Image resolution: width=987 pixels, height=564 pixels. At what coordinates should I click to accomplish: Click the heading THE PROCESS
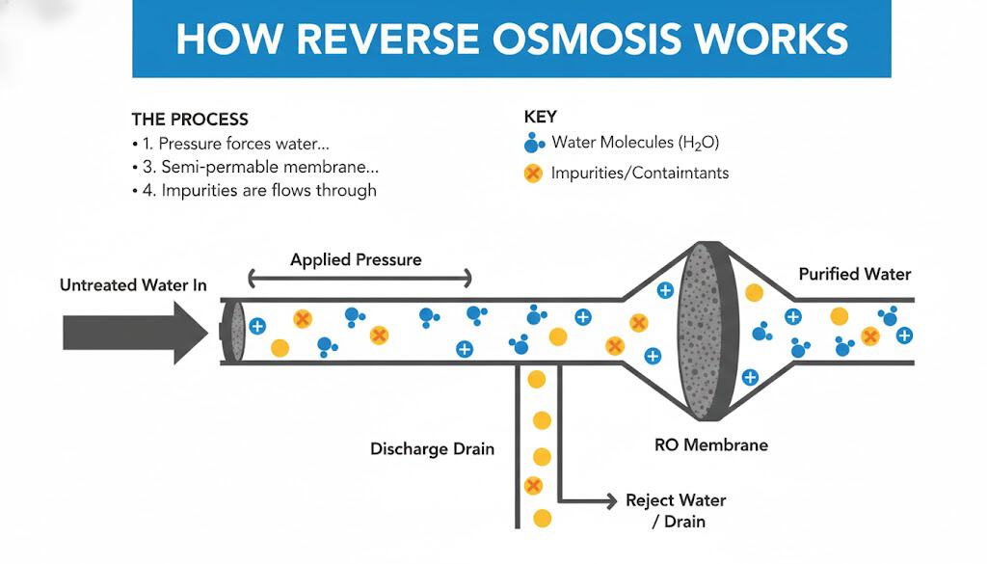point(190,120)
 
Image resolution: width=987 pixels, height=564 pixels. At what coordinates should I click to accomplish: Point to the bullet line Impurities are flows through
point(259,190)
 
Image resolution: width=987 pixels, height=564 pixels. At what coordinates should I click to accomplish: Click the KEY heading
point(540,117)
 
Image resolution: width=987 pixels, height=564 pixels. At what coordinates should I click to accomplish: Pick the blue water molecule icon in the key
point(533,144)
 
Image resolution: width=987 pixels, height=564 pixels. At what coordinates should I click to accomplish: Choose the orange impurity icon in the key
point(531,174)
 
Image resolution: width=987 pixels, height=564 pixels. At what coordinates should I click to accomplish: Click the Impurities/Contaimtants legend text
point(639,174)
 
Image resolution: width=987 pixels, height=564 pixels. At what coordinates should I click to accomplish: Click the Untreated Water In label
point(133,285)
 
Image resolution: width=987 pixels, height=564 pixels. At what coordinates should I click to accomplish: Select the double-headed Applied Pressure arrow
point(360,280)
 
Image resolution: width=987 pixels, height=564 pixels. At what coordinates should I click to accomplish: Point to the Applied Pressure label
point(356,260)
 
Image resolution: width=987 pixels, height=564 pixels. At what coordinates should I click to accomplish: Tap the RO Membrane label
point(711,445)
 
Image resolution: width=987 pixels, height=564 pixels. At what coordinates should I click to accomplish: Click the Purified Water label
point(854,274)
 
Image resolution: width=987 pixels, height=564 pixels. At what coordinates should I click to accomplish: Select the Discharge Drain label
point(432,449)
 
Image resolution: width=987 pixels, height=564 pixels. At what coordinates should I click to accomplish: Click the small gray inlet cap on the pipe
point(231,332)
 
